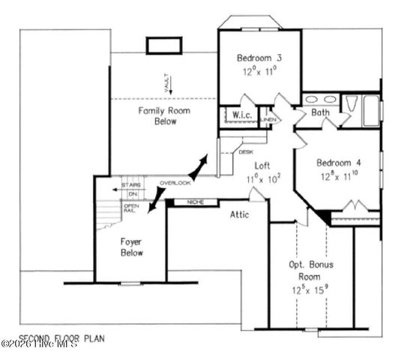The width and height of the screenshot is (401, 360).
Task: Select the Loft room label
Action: tap(262, 166)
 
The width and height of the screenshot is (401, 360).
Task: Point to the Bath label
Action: tap(321, 113)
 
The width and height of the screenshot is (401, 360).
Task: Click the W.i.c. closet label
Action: tap(240, 115)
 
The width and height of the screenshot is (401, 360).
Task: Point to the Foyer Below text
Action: tap(133, 247)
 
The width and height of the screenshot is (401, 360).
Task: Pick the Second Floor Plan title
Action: tap(62, 338)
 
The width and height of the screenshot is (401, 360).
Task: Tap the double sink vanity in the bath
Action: tap(321, 99)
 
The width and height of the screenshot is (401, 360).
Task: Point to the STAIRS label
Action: tap(132, 184)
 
